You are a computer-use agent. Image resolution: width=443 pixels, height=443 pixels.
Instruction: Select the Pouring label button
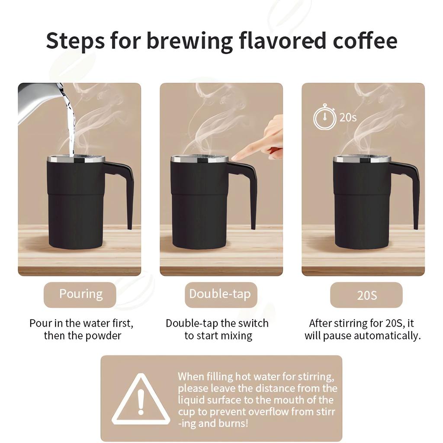click(80, 295)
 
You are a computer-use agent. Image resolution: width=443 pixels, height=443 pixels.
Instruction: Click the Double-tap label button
click(220, 295)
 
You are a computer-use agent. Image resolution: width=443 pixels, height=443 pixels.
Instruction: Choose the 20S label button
click(366, 295)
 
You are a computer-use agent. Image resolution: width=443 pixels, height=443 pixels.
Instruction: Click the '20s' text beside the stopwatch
click(348, 118)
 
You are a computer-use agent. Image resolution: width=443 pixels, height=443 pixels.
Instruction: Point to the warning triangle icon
click(141, 400)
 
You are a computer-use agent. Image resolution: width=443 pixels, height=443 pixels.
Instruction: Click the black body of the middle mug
click(199, 208)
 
